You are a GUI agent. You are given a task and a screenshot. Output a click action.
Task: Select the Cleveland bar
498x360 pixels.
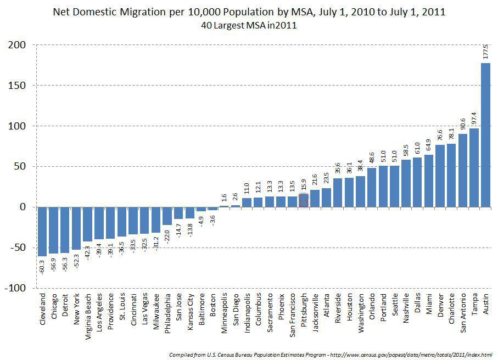[42, 231]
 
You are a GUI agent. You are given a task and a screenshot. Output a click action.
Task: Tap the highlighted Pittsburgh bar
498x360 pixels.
[304, 201]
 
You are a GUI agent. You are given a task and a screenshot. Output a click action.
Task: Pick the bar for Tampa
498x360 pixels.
[474, 167]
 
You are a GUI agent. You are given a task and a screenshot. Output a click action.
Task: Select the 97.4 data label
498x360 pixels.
[474, 117]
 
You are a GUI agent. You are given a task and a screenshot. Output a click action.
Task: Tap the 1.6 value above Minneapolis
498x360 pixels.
[224, 198]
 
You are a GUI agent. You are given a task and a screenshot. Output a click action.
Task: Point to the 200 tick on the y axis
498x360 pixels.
[20, 44]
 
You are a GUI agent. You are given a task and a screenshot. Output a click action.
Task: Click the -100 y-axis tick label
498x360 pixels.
[18, 288]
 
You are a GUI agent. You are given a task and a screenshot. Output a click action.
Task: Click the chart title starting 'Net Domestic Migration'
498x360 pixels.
[249, 12]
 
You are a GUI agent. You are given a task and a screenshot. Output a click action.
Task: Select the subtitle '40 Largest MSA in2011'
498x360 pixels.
[249, 25]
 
